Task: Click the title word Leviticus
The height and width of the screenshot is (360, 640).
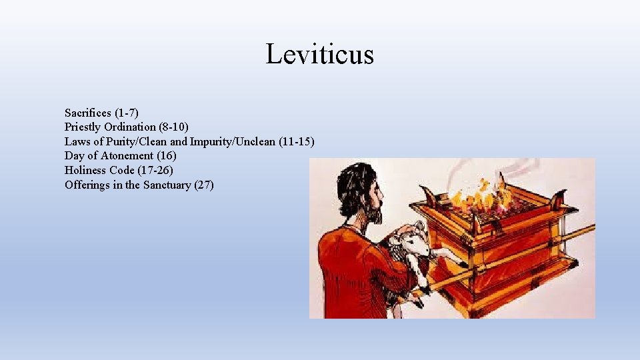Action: pyautogui.click(x=320, y=54)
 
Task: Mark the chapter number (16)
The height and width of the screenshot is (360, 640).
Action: pyautogui.click(x=167, y=156)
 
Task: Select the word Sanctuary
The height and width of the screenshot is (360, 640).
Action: pyautogui.click(x=165, y=185)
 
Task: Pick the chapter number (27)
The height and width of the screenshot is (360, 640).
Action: pyautogui.click(x=204, y=185)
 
